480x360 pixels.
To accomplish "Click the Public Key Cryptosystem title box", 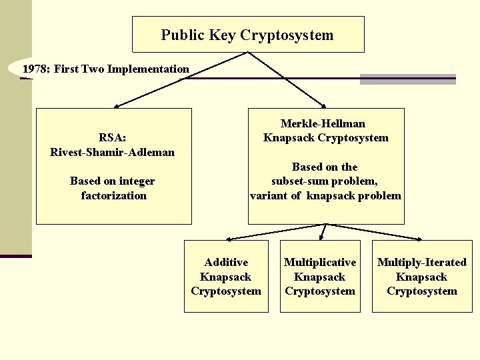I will pos(248,35).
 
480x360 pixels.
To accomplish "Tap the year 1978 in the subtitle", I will pos(35,69).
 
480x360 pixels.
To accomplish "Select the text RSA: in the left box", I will pos(113,137).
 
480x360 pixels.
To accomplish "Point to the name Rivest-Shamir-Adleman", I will pos(113,152).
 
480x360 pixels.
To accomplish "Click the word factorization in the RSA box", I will pos(113,195).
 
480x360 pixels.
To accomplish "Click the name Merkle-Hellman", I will pos(323,123).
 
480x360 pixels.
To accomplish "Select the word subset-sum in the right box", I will pos(297,181).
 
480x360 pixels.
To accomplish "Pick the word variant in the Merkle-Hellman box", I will pos(269,195).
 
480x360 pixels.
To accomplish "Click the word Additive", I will pos(226,263).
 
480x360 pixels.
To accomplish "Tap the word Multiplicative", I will pos(320,263).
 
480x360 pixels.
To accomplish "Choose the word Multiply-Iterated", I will pos(422,263).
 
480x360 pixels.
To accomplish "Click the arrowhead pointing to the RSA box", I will pos(116,105).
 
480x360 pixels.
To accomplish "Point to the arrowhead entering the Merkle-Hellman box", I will pos(323,105).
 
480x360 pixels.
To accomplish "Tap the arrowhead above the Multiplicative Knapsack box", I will pos(321,236).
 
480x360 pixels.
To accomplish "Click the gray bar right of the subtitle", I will pos(407,79).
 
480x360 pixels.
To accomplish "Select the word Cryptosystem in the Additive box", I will pos(226,291).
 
